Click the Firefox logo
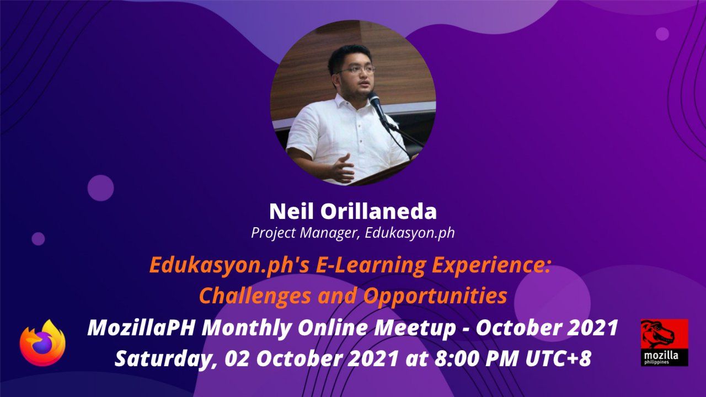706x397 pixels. pos(42,343)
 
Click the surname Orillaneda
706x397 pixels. pos(378,211)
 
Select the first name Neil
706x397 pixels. pos(292,211)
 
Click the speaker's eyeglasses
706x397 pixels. pos(356,70)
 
